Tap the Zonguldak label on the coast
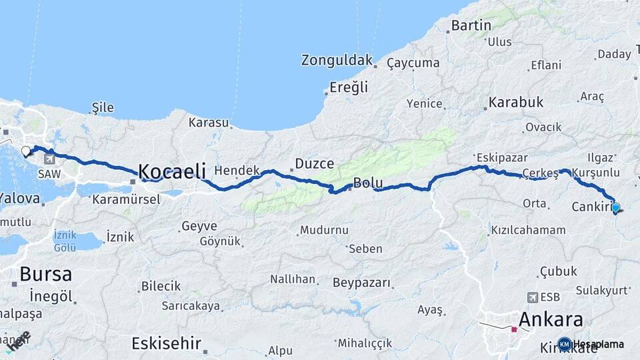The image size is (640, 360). tap(337, 60)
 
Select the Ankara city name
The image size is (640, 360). tap(551, 319)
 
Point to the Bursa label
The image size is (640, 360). tap(45, 273)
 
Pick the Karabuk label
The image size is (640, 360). tap(516, 103)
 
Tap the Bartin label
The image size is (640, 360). tap(471, 26)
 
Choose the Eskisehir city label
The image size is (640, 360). tap(166, 343)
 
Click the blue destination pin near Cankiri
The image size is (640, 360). tap(615, 208)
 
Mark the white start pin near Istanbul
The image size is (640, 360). tap(27, 151)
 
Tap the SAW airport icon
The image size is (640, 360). tap(50, 159)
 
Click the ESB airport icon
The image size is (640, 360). tap(532, 297)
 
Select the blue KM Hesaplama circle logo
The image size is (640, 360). tap(565, 344)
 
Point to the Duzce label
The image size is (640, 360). tap(309, 163)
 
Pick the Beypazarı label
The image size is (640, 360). tap(361, 283)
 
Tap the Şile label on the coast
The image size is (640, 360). tap(103, 107)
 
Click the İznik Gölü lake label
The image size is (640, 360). tap(65, 241)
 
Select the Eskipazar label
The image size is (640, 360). tap(501, 158)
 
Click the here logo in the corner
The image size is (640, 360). tap(19, 340)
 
